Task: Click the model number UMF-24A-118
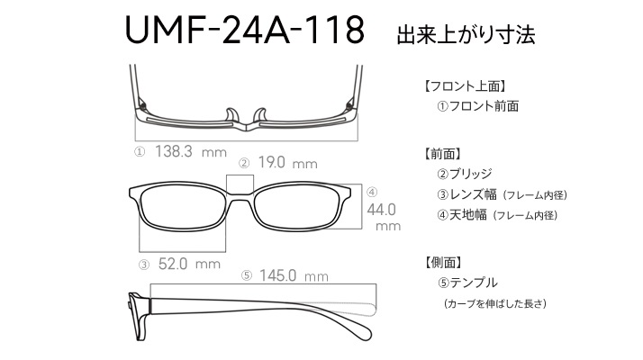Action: click(x=244, y=30)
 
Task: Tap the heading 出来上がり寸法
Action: click(x=466, y=35)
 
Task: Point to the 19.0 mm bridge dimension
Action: click(x=287, y=163)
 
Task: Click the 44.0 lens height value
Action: click(x=381, y=210)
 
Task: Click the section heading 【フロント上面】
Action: click(x=465, y=86)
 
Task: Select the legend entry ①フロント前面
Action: click(x=477, y=106)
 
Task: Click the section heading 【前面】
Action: click(x=443, y=154)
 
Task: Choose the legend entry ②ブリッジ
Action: click(x=464, y=174)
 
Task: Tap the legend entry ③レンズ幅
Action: click(x=466, y=194)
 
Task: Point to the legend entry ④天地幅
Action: click(x=462, y=215)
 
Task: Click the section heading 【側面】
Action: click(x=443, y=263)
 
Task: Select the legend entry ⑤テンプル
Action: click(x=467, y=283)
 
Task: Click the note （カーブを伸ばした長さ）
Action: click(x=494, y=304)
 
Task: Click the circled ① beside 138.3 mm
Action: click(x=140, y=152)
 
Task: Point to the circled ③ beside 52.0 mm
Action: click(x=144, y=265)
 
